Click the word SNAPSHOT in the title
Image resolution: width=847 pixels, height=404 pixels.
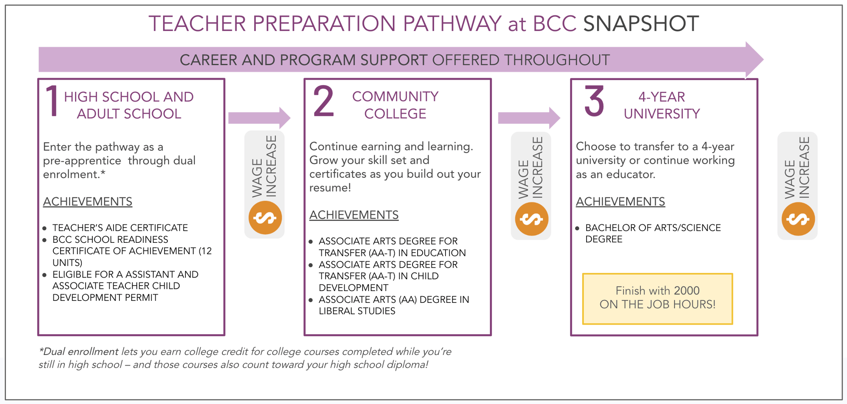(x=641, y=24)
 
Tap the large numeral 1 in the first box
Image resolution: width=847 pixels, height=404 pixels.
(x=52, y=102)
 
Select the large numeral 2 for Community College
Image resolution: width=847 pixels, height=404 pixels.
(x=324, y=102)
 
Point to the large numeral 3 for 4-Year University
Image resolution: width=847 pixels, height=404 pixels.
(x=594, y=102)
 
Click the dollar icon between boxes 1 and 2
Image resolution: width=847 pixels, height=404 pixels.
(x=265, y=218)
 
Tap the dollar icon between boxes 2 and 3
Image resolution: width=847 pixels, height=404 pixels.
(x=531, y=219)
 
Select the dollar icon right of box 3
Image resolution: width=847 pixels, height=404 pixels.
(x=798, y=219)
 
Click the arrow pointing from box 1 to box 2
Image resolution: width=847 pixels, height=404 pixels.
(x=260, y=118)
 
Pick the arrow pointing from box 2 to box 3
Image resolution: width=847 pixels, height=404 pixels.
(x=529, y=118)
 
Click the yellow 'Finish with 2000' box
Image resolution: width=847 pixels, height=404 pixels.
(x=657, y=298)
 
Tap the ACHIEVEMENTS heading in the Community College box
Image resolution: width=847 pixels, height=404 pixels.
(x=354, y=215)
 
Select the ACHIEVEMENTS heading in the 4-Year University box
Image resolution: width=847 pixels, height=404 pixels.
(x=620, y=201)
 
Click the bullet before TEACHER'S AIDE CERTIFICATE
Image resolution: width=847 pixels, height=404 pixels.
(x=45, y=228)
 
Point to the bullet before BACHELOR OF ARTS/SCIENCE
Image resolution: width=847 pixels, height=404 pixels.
(x=578, y=228)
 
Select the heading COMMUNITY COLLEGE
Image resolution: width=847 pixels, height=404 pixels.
(x=395, y=105)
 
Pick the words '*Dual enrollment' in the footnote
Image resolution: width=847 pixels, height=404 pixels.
(x=79, y=352)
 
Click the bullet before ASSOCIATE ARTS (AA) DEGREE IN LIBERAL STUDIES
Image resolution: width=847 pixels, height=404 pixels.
(x=311, y=300)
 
